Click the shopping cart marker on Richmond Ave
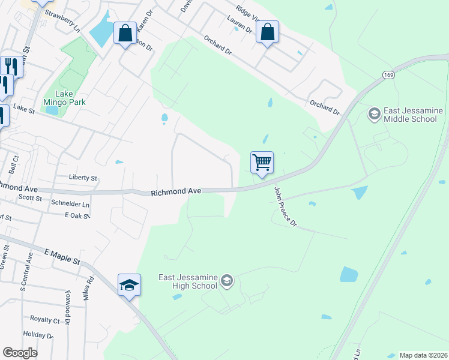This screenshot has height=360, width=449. click(262, 163)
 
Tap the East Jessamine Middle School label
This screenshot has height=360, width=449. click(410, 115)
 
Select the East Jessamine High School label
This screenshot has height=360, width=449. click(187, 281)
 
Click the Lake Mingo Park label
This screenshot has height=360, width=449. click(70, 98)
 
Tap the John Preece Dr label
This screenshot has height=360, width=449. click(285, 207)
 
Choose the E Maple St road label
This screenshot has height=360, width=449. click(62, 256)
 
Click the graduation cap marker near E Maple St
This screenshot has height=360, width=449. click(129, 285)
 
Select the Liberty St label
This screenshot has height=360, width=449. click(83, 178)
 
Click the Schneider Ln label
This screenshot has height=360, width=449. click(70, 205)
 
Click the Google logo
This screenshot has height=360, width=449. click(20, 352)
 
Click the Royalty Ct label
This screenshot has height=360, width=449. click(44, 320)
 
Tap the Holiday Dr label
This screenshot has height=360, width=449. click(38, 334)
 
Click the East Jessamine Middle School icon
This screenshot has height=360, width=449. click(373, 113)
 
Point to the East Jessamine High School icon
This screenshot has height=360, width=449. click(227, 280)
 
